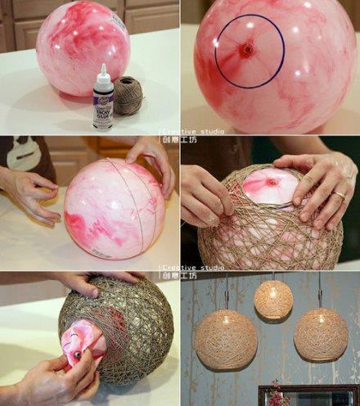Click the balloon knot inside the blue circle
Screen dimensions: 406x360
(246, 50)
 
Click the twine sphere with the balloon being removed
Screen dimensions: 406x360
(123, 327)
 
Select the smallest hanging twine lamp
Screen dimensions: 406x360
(273, 300)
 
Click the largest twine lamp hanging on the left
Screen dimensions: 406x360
(225, 339)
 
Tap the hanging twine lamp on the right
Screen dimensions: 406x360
(321, 334)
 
